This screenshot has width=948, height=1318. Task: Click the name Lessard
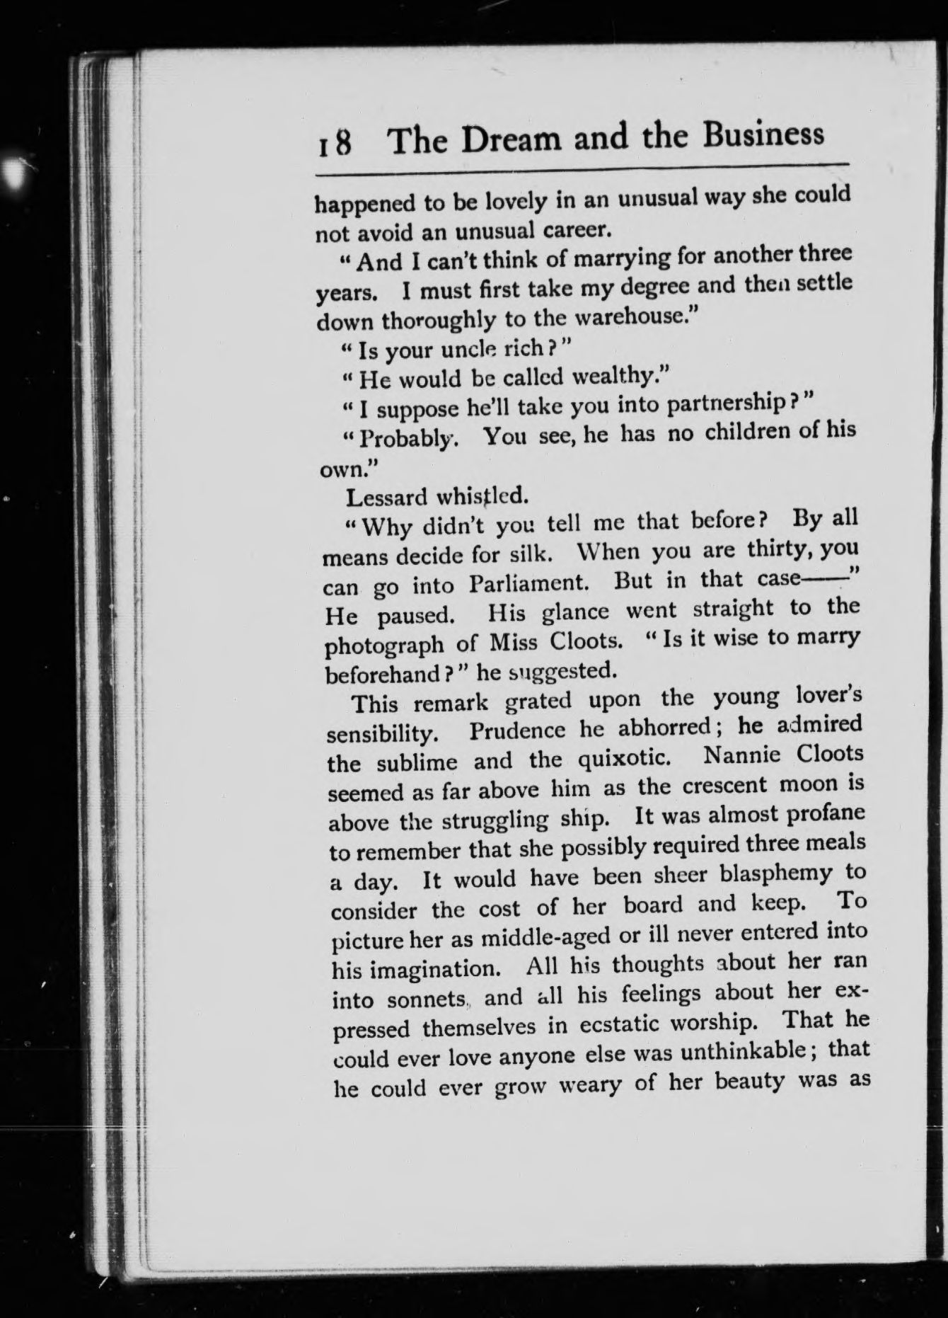pos(386,497)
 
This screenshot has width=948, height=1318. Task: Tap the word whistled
pos(482,495)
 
